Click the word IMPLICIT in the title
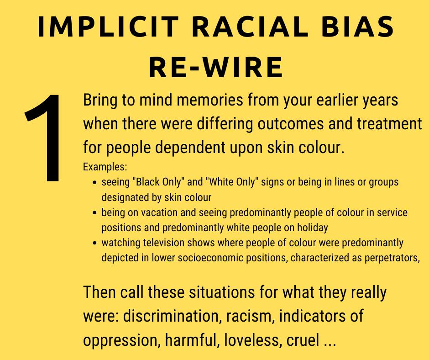[x=108, y=26]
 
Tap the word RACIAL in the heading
[x=250, y=26]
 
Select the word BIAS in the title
[x=357, y=26]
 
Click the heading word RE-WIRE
[x=216, y=67]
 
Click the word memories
[x=210, y=100]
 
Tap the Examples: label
[x=105, y=167]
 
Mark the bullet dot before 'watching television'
[x=94, y=243]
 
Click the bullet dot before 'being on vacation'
[x=94, y=212]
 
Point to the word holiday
[x=313, y=228]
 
